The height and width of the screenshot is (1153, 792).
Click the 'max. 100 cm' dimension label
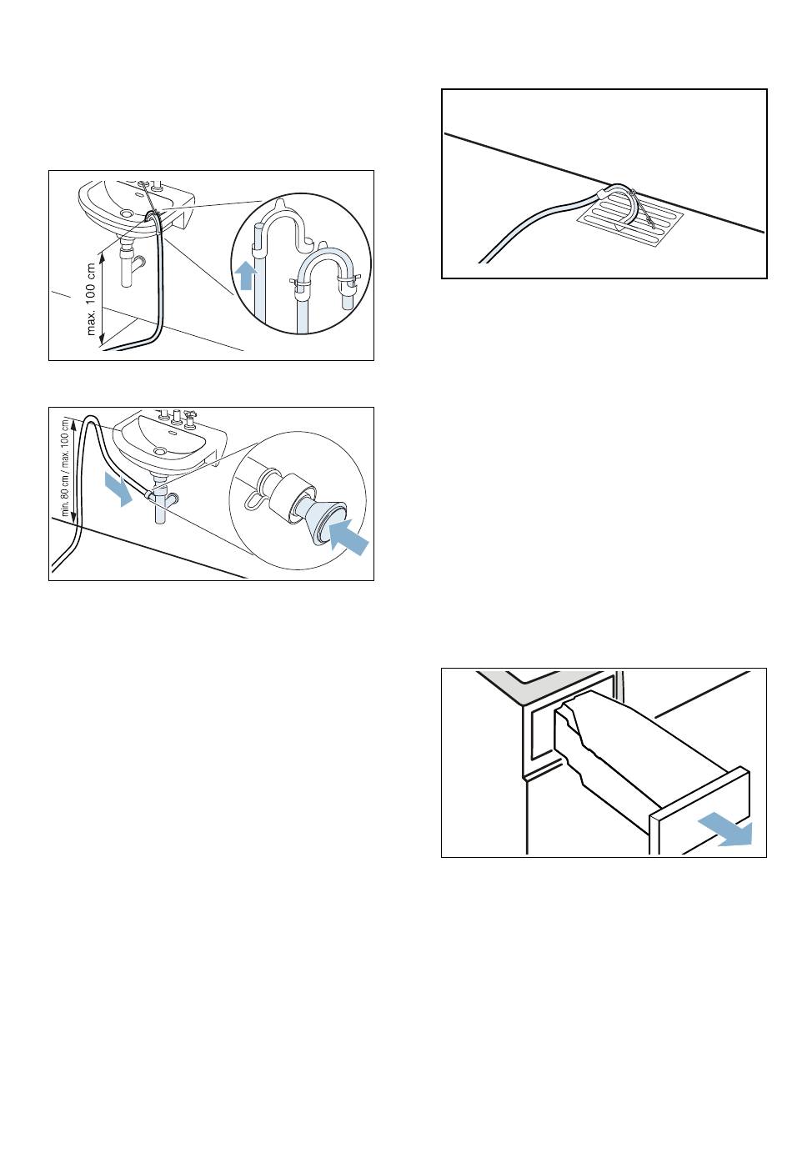coord(92,298)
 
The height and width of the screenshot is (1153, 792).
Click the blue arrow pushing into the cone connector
coord(349,538)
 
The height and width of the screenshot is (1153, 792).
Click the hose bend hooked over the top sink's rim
coord(153,216)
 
